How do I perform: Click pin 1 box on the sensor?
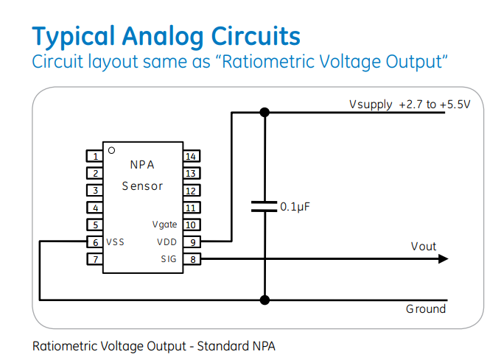tap(94, 156)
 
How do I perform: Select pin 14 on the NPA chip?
tap(191, 156)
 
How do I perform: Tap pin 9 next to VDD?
tap(191, 241)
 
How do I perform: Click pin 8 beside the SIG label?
tap(191, 258)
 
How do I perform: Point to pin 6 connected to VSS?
tap(94, 241)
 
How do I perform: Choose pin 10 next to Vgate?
tap(191, 225)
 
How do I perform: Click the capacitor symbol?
tap(264, 206)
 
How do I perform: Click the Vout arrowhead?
tap(442, 258)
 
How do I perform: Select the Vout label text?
tap(424, 246)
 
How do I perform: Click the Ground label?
tap(426, 309)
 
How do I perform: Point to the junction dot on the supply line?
tap(264, 112)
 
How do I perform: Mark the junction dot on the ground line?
tap(264, 300)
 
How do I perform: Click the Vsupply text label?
tap(371, 105)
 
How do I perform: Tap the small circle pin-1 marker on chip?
tap(111, 150)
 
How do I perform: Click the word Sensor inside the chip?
tap(142, 186)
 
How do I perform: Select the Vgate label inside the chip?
tap(164, 225)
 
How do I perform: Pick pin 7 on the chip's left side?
tap(94, 258)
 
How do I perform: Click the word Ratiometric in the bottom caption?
tap(63, 345)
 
